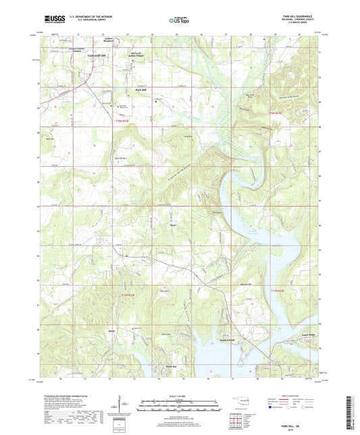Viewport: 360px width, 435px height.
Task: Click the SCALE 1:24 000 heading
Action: [179, 394]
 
